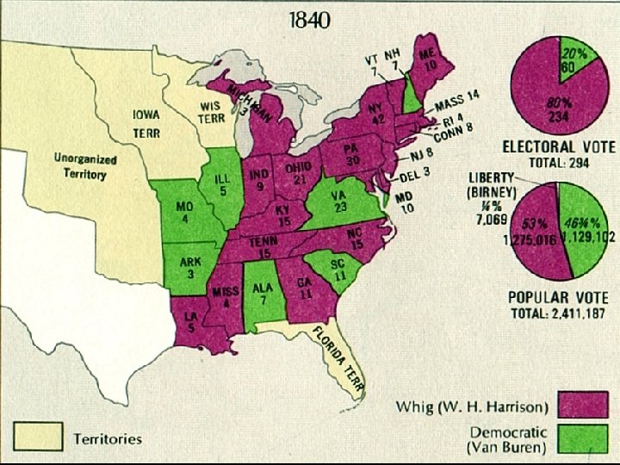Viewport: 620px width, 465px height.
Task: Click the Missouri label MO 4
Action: click(x=184, y=213)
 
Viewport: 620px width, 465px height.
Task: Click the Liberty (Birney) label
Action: click(x=493, y=183)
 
